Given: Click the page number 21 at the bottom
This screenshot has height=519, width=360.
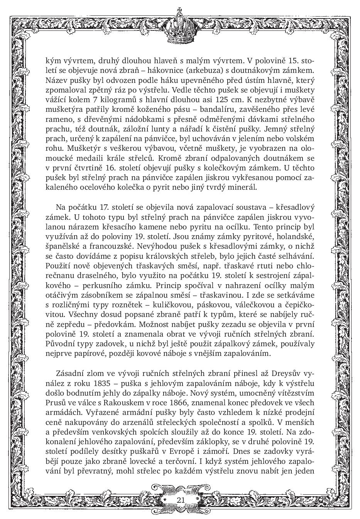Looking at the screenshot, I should [181, 500].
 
